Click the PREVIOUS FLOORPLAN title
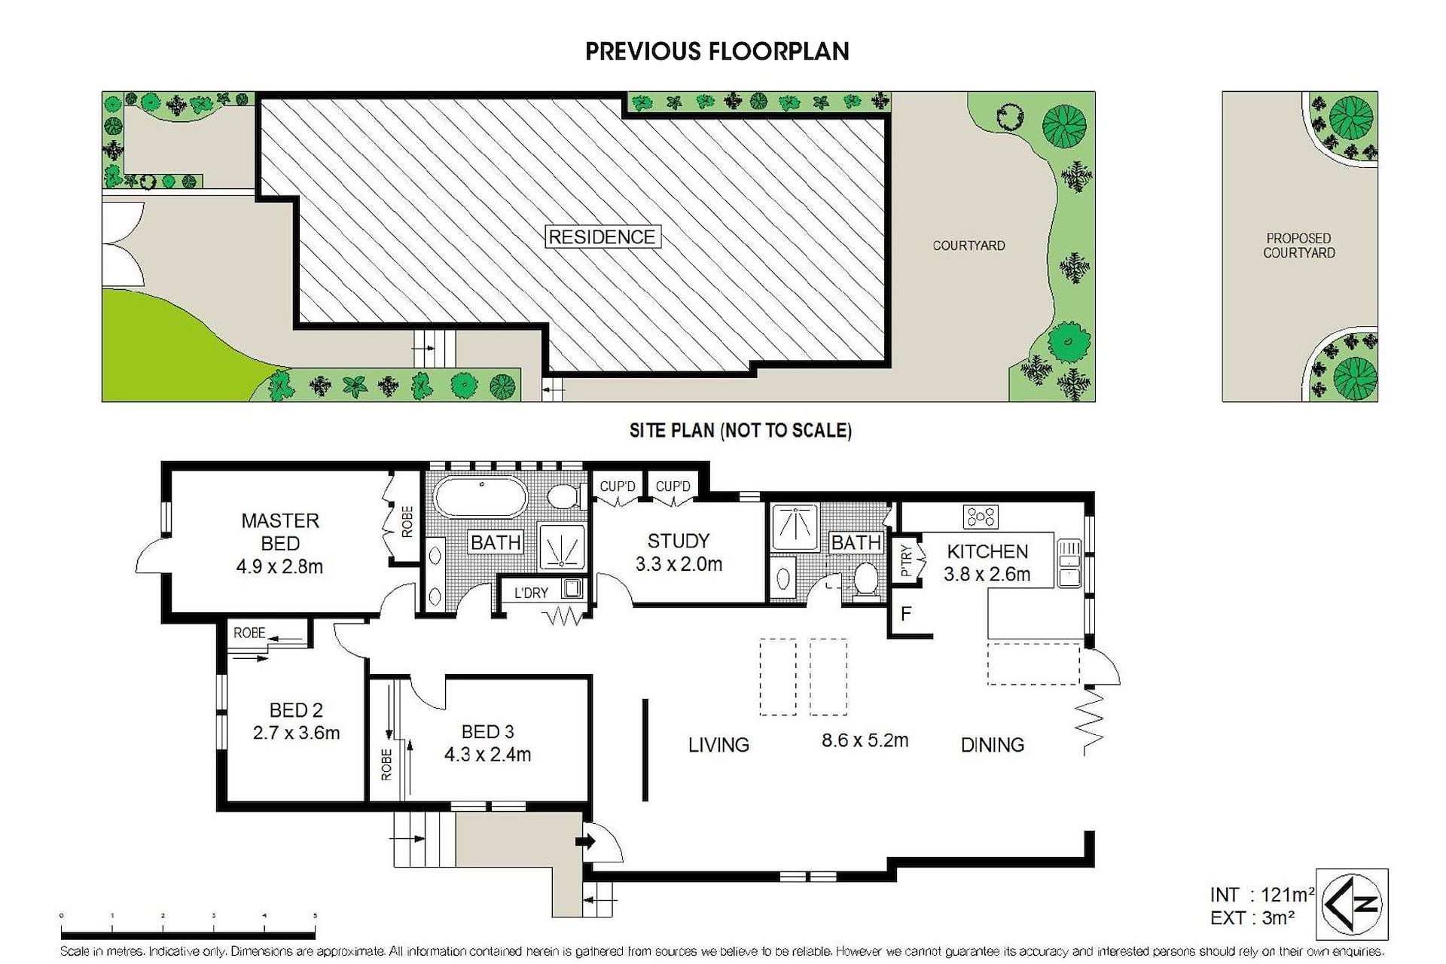[x=717, y=51]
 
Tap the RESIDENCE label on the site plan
[x=602, y=237]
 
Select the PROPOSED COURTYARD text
[x=1299, y=246]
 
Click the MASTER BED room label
[x=280, y=532]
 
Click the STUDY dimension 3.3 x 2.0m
[x=679, y=564]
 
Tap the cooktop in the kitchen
[x=981, y=517]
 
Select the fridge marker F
[x=906, y=614]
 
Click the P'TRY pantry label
[x=906, y=561]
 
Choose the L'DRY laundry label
[x=531, y=593]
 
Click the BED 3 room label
[x=487, y=731]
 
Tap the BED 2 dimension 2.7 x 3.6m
[x=296, y=732]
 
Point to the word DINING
[x=993, y=745]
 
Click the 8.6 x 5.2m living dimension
[x=865, y=740]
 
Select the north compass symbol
[x=1352, y=904]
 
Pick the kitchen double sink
[x=1069, y=563]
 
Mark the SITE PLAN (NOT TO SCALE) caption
[x=740, y=431]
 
